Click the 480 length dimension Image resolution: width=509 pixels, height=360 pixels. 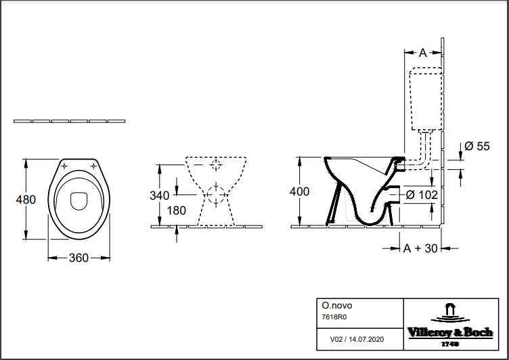(26, 200)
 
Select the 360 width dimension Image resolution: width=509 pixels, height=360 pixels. (79, 258)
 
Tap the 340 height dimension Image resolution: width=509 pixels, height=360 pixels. (159, 196)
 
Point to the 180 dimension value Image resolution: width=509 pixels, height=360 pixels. (176, 210)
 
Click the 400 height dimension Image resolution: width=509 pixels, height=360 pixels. (299, 192)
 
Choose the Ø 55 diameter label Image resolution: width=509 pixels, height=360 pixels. (477, 146)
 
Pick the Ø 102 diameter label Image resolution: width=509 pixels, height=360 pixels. (422, 195)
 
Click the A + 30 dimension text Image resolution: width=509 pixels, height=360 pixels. (420, 248)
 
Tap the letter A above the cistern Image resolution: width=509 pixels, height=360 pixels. (422, 53)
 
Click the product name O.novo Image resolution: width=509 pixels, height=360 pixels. (336, 305)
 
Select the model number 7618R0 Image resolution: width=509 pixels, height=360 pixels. (334, 317)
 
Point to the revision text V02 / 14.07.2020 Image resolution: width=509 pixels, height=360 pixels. (357, 339)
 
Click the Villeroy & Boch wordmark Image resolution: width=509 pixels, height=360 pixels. (450, 332)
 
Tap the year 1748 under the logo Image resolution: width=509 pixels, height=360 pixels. (450, 344)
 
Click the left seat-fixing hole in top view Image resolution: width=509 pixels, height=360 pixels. (64, 166)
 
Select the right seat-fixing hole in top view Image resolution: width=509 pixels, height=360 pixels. (93, 166)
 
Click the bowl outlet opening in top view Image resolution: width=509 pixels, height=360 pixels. (79, 201)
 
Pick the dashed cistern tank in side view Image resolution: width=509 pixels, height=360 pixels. (426, 99)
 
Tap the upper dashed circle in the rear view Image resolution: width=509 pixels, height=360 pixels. (216, 164)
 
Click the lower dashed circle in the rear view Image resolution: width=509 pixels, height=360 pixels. (216, 195)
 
